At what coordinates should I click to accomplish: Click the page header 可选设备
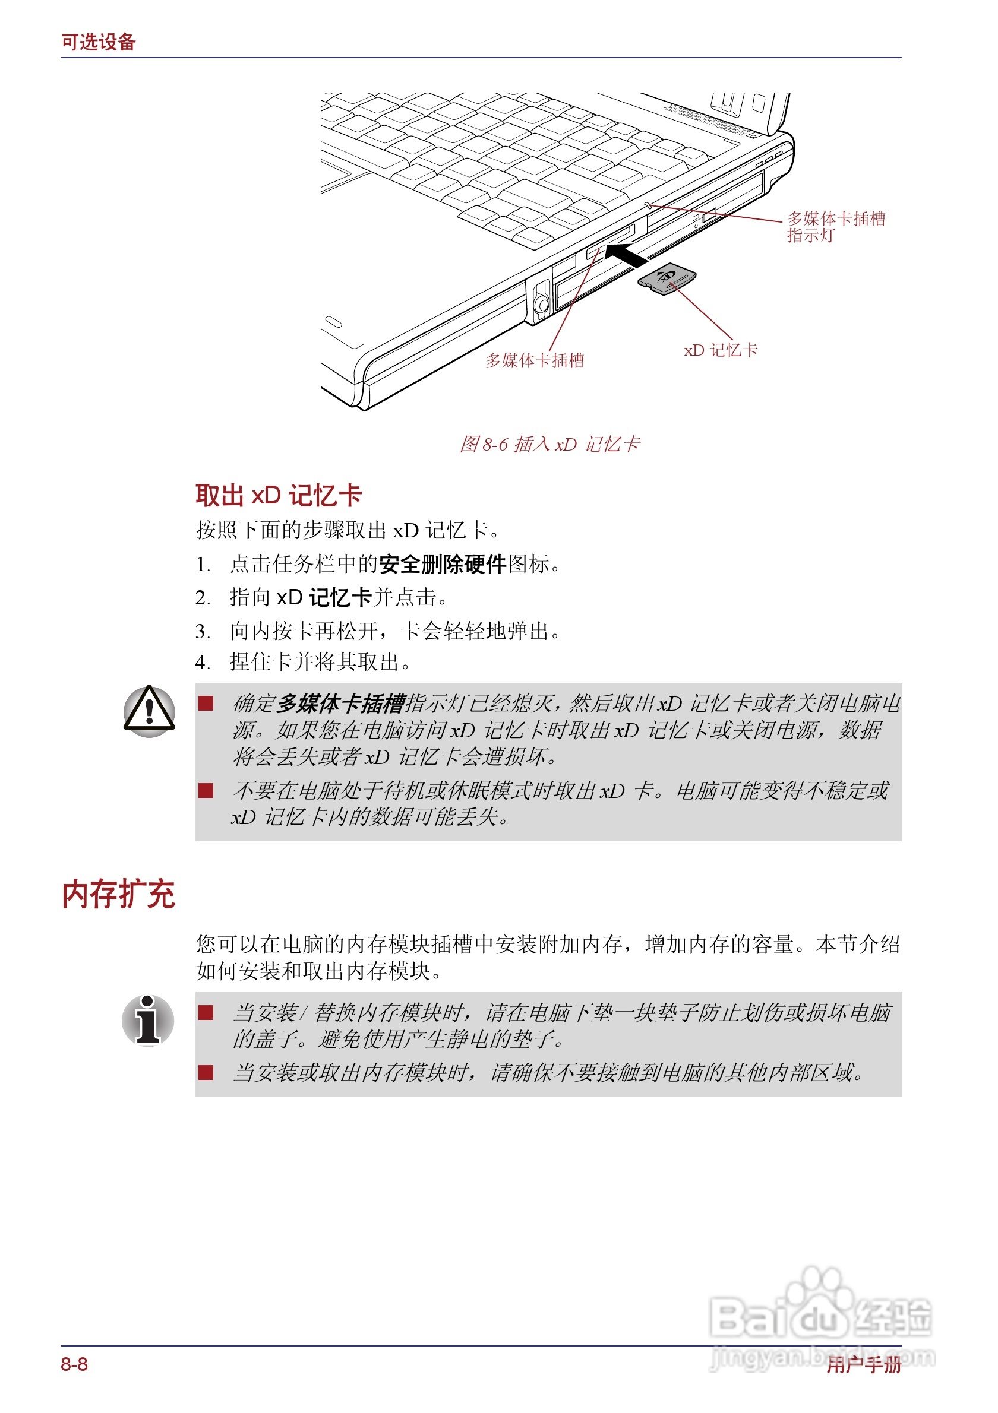pyautogui.click(x=98, y=42)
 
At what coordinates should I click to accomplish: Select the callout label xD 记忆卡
pyautogui.click(x=721, y=350)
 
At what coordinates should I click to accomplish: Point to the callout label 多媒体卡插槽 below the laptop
pyautogui.click(x=535, y=360)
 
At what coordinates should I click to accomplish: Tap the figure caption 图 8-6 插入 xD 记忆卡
pyautogui.click(x=550, y=443)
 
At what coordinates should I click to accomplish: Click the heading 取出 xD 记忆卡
pyautogui.click(x=278, y=495)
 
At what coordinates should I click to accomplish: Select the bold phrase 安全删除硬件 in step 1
pyautogui.click(x=442, y=564)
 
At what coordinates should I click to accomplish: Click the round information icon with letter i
pyautogui.click(x=148, y=1020)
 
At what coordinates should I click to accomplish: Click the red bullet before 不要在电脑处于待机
pyautogui.click(x=206, y=791)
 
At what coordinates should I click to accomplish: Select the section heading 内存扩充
pyautogui.click(x=118, y=894)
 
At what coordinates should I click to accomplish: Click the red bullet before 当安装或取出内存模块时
pyautogui.click(x=206, y=1073)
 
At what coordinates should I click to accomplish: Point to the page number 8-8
pyautogui.click(x=74, y=1364)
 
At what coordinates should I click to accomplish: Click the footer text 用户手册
pyautogui.click(x=863, y=1364)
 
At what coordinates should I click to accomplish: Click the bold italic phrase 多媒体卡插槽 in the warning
pyautogui.click(x=341, y=703)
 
